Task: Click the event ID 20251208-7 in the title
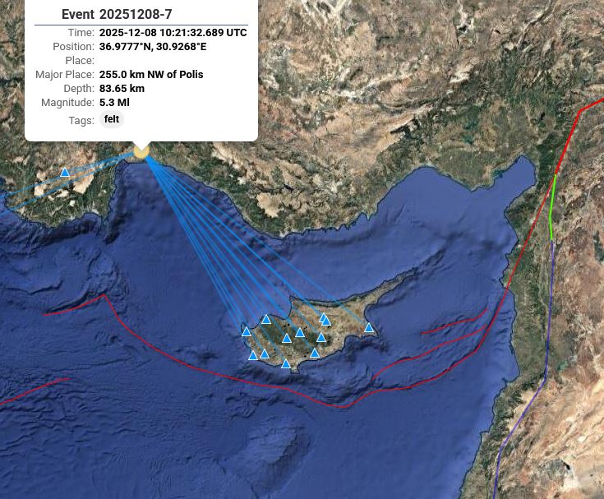pos(136,15)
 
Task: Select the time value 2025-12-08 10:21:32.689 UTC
pos(173,33)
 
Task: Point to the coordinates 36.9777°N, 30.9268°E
pos(153,47)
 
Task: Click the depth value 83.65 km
pos(122,89)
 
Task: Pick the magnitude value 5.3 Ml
pos(114,103)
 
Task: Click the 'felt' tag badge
pos(112,119)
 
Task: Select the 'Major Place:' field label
pos(65,75)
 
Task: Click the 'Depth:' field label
pos(79,89)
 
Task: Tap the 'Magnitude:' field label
pos(67,103)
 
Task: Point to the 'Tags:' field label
pos(81,121)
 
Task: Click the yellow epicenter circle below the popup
pos(141,151)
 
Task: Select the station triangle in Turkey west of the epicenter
pos(65,173)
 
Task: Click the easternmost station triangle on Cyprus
pos(369,328)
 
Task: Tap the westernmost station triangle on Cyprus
pos(247,332)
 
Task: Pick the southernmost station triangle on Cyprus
pos(286,364)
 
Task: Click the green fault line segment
pos(552,206)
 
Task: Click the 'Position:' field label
pos(73,47)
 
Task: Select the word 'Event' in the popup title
pos(78,15)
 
